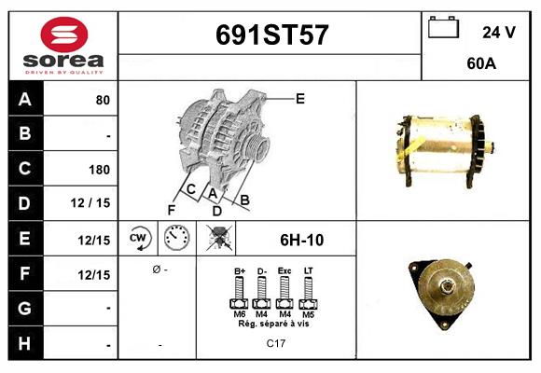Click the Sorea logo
click(62, 46)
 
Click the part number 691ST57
click(271, 36)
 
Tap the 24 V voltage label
click(499, 33)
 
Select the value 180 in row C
click(99, 170)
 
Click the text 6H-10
click(301, 239)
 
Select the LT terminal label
click(309, 271)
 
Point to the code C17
click(275, 344)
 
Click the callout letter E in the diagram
click(299, 98)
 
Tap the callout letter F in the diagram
click(171, 210)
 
